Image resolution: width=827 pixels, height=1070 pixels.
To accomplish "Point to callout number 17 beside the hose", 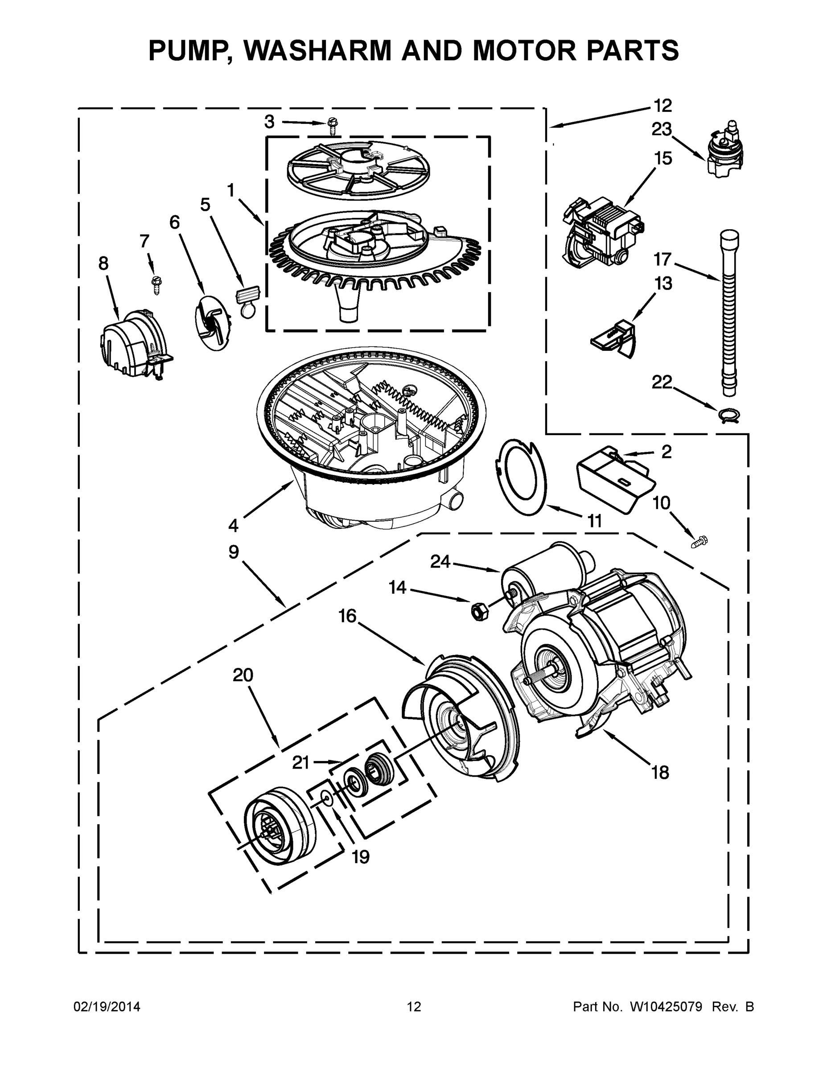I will pos(662,259).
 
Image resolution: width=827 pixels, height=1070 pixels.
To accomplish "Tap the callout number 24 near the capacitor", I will pos(440,562).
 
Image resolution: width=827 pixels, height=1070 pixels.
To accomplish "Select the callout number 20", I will pos(243,675).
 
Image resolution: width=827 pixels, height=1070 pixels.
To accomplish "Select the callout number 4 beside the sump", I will pos(233,526).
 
